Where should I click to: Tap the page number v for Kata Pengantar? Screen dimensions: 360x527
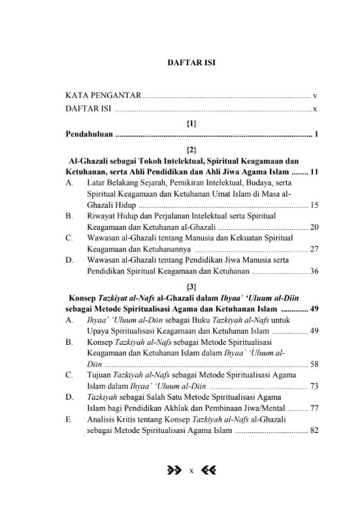click(x=315, y=96)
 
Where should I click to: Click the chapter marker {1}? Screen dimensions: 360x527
click(x=191, y=122)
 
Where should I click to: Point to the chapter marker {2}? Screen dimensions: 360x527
click(x=191, y=149)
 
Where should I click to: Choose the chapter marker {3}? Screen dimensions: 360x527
click(x=191, y=286)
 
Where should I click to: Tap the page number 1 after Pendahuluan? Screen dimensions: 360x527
click(x=316, y=135)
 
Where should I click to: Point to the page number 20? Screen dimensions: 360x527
click(x=314, y=227)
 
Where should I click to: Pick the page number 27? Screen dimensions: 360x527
click(x=314, y=249)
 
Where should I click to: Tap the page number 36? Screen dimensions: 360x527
click(x=314, y=270)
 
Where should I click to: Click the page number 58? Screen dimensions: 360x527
click(x=314, y=364)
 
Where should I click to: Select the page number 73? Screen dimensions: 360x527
click(x=314, y=386)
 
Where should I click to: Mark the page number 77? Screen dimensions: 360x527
click(x=314, y=408)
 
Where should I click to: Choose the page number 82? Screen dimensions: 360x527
click(x=314, y=430)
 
